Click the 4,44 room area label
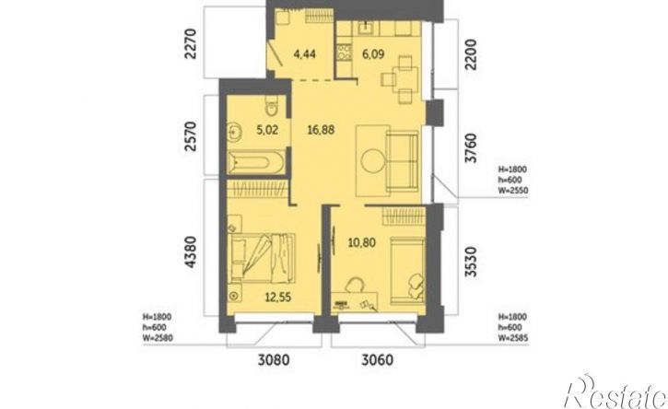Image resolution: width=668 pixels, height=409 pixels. pyautogui.click(x=305, y=54)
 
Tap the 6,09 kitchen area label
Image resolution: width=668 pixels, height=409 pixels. pyautogui.click(x=373, y=54)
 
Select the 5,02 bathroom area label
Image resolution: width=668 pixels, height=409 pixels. pyautogui.click(x=267, y=129)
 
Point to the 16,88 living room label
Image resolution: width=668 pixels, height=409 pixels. pyautogui.click(x=321, y=129)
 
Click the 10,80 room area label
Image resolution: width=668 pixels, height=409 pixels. pyautogui.click(x=362, y=243)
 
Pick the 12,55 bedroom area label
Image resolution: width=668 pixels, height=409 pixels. pyautogui.click(x=278, y=297)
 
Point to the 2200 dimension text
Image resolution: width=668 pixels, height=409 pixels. pyautogui.click(x=471, y=54)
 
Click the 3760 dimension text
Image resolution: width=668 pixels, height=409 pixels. pyautogui.click(x=471, y=147)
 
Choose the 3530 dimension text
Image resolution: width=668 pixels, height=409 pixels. pyautogui.click(x=471, y=262)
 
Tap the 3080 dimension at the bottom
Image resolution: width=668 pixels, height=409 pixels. pyautogui.click(x=274, y=360)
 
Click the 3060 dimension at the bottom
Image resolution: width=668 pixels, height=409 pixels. pyautogui.click(x=378, y=360)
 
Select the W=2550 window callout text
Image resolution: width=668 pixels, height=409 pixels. pyautogui.click(x=513, y=191)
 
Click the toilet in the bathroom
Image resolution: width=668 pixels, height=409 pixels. pyautogui.click(x=271, y=106)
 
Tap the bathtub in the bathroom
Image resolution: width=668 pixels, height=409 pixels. pyautogui.click(x=255, y=162)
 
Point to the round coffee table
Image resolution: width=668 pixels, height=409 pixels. pyautogui.click(x=374, y=160)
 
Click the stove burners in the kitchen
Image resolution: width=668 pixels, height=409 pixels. pyautogui.click(x=345, y=53)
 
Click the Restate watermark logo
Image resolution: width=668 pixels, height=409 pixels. pyautogui.click(x=615, y=392)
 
